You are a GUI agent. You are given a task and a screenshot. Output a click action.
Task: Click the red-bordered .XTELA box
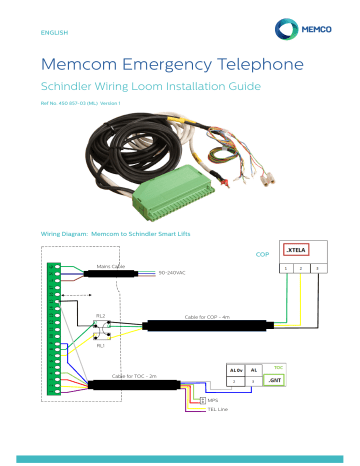click(296, 251)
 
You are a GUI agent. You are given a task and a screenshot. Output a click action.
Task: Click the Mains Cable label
click(110, 266)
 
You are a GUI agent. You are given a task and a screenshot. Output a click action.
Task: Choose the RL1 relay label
click(100, 345)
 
